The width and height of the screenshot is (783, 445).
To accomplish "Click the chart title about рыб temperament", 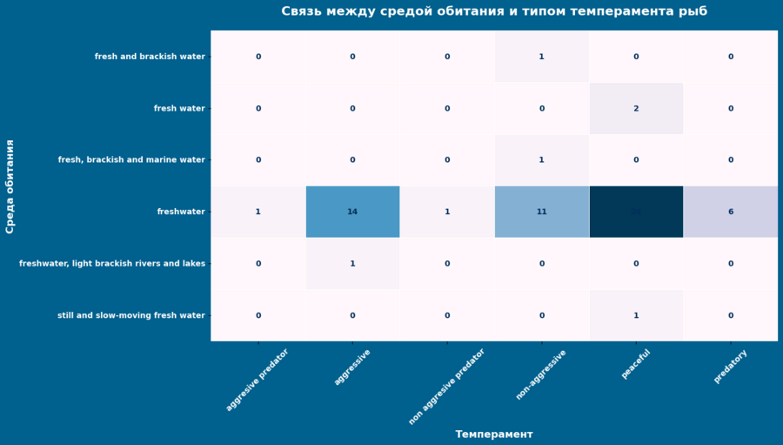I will [x=493, y=11].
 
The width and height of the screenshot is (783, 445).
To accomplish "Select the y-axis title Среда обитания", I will [x=10, y=186].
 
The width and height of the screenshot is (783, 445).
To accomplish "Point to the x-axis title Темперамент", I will [x=493, y=434].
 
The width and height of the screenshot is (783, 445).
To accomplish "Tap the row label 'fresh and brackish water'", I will [x=150, y=57].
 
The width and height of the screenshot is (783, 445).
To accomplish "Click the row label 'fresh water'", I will [x=179, y=109].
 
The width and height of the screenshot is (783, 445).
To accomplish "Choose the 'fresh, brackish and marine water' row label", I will [x=131, y=160].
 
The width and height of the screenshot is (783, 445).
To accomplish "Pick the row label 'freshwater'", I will [x=181, y=212].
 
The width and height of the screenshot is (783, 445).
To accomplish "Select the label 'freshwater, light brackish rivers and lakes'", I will [x=112, y=264].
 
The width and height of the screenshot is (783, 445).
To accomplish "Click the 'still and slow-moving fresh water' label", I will [x=131, y=315].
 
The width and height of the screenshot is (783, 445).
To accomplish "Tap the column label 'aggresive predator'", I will [x=258, y=379].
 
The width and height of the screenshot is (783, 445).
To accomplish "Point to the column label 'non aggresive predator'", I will [x=446, y=386].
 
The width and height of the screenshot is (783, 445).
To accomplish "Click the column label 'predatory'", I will [x=730, y=366].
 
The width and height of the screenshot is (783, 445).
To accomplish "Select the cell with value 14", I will [x=352, y=212].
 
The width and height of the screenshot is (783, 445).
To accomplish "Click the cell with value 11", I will [x=541, y=212].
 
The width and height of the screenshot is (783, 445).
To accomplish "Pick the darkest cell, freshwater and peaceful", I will [x=636, y=212].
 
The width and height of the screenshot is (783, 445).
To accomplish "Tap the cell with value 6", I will [x=731, y=212].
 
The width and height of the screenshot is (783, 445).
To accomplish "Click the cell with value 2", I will [x=636, y=109].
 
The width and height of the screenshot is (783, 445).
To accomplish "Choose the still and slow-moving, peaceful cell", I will [x=636, y=315].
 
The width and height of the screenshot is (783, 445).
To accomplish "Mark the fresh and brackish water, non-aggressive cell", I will [x=541, y=57].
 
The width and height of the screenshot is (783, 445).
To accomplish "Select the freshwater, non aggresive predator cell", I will [x=447, y=212].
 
